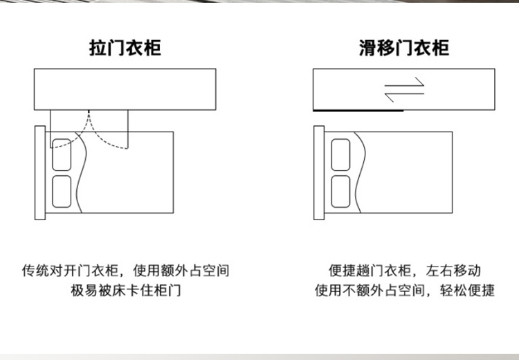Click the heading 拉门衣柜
click(x=125, y=48)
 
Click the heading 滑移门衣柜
click(x=404, y=48)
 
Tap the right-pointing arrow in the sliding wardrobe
click(x=405, y=84)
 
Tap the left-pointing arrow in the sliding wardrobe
click(x=405, y=96)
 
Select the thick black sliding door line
click(x=358, y=110)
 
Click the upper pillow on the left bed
click(x=62, y=154)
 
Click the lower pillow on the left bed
click(x=62, y=192)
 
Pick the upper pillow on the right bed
click(x=340, y=154)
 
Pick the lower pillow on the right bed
click(x=340, y=192)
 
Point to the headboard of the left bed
click(x=40, y=172)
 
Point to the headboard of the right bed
click(x=319, y=172)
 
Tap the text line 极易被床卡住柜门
click(x=126, y=291)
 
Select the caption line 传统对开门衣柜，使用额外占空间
click(x=126, y=270)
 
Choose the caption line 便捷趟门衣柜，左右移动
click(x=405, y=270)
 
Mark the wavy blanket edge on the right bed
click(x=360, y=172)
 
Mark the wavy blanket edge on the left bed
click(x=81, y=172)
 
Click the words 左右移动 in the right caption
click(x=453, y=270)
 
